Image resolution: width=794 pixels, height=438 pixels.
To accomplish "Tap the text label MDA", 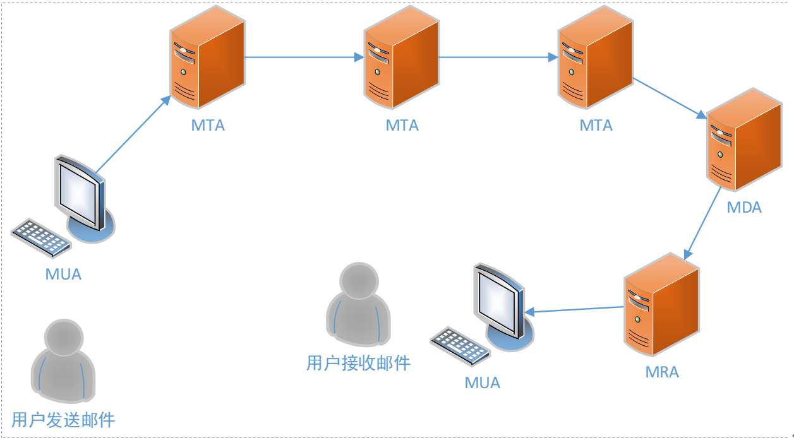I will coord(744,207).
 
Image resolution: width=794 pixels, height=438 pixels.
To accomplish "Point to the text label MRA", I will coord(662,372).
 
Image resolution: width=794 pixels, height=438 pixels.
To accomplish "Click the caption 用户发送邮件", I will coord(63,420).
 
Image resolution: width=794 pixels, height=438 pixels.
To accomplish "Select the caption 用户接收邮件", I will coord(358,363).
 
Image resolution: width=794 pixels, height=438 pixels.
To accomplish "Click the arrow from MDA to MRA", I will coord(702,224).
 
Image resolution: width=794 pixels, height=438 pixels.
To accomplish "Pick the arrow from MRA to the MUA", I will coord(575,309).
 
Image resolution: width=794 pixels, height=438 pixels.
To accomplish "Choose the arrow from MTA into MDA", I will coord(670,98).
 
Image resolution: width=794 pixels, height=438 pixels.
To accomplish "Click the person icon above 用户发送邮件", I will coord(63,360).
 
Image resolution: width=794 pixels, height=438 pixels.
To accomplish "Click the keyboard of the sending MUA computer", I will coord(41,238).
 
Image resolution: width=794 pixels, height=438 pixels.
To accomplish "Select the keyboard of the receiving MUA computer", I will coord(460,346).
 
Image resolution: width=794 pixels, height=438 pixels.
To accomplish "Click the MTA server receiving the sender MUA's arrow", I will coord(207,60).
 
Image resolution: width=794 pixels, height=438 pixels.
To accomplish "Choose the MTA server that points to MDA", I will coord(595,60).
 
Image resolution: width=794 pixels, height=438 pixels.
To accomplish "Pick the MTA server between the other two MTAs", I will coord(401,60).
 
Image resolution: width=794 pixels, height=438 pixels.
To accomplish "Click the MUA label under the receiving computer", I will coord(482,382).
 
